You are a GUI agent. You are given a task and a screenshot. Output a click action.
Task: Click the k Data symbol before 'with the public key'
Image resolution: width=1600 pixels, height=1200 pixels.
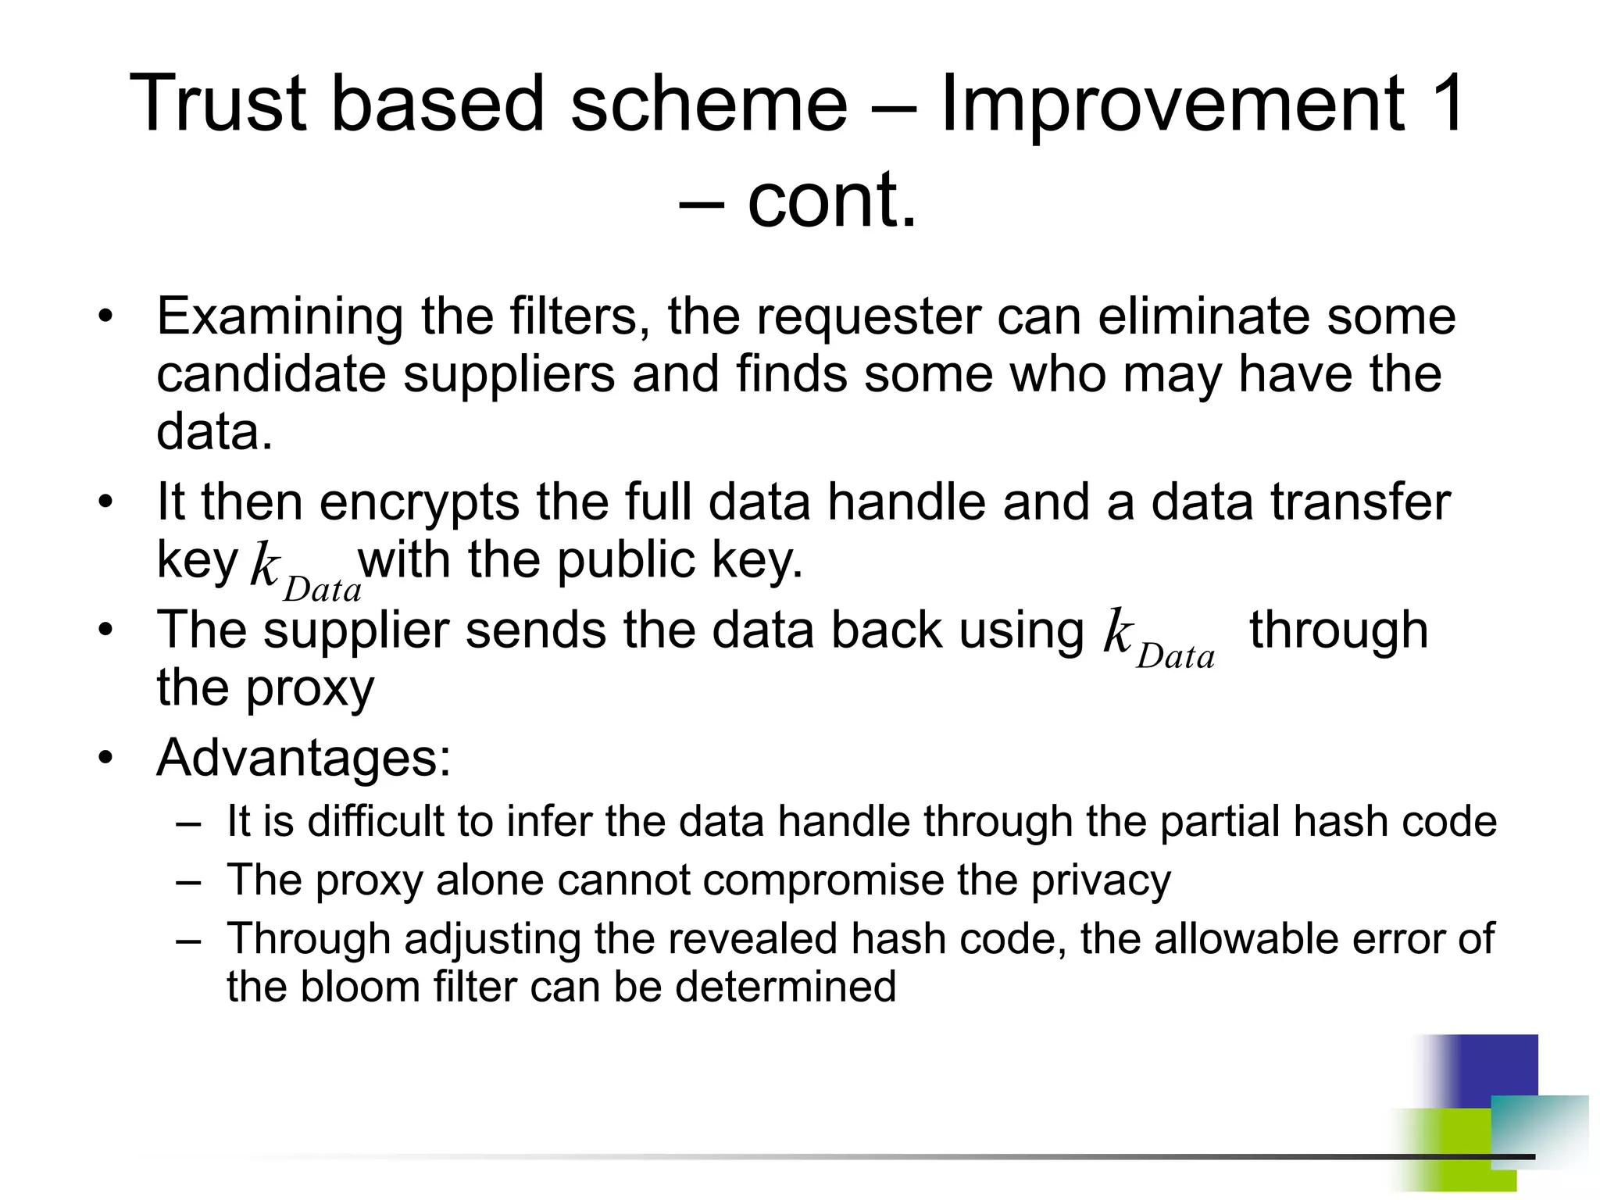(x=305, y=574)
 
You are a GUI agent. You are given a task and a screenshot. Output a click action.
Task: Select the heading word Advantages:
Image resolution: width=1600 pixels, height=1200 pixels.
(x=304, y=758)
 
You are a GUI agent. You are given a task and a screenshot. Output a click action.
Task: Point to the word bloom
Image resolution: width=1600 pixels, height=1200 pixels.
(x=360, y=987)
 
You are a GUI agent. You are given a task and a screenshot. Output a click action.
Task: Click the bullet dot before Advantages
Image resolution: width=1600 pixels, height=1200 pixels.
(x=106, y=758)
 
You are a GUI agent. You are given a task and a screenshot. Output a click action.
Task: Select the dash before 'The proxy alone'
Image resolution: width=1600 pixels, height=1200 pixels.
(x=189, y=880)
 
